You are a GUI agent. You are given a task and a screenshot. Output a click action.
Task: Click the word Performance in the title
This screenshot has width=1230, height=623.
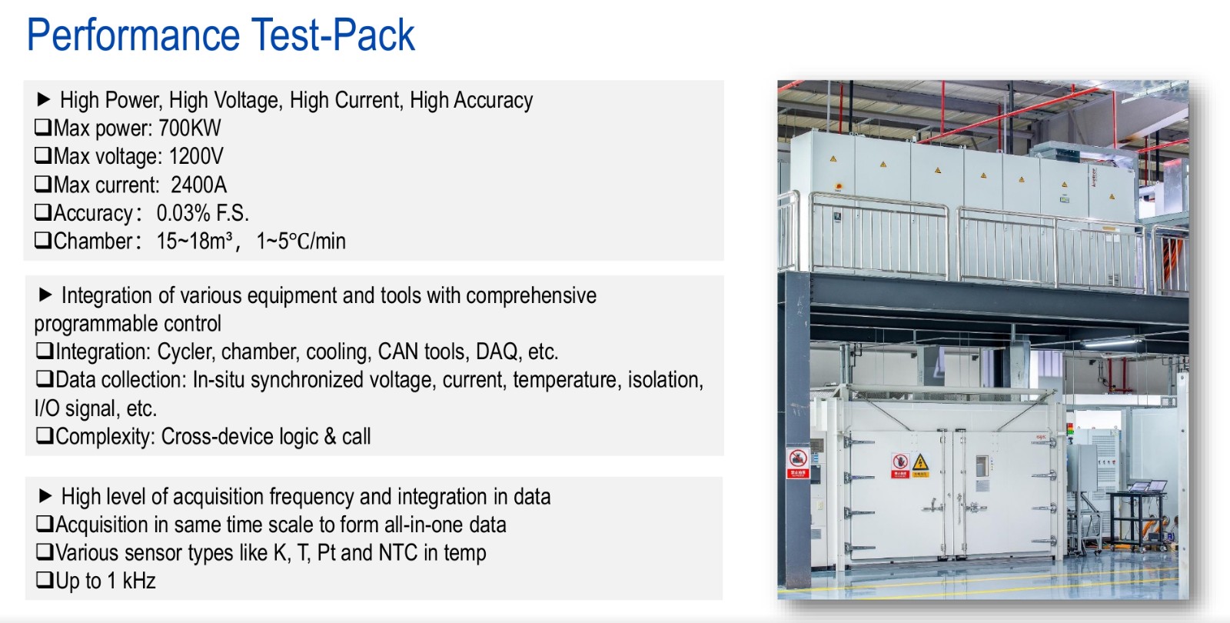(134, 35)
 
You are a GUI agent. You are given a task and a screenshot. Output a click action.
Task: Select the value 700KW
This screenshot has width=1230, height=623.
(189, 128)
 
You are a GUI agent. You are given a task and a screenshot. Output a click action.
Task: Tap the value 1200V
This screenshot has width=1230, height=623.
(196, 157)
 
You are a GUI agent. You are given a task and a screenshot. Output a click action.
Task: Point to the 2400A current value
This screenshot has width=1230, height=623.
(199, 185)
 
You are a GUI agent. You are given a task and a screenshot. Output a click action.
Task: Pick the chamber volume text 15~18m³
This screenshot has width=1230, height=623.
(194, 242)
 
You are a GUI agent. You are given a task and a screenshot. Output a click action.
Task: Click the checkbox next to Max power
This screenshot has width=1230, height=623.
(43, 128)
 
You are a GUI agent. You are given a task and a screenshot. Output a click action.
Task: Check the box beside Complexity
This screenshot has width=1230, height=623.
(45, 435)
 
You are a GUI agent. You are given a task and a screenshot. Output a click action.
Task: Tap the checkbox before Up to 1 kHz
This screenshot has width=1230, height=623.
(45, 580)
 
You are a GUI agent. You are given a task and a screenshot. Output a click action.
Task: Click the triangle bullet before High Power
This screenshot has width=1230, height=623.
(43, 99)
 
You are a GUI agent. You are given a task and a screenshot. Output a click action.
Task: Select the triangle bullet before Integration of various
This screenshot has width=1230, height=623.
(45, 295)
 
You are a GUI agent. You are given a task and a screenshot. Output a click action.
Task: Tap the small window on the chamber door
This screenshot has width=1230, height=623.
(982, 466)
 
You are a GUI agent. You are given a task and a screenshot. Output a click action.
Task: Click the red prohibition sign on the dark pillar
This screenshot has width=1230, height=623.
(797, 462)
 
